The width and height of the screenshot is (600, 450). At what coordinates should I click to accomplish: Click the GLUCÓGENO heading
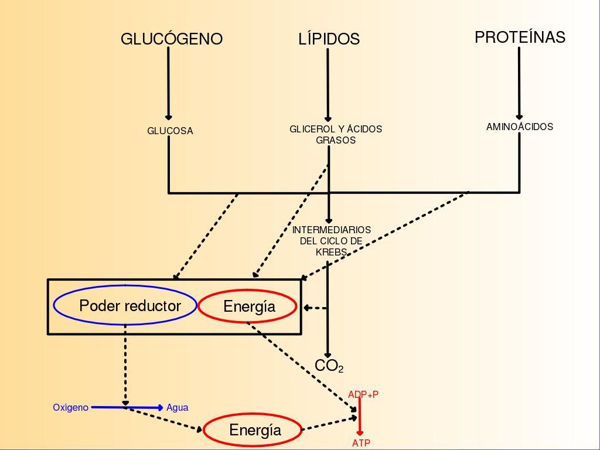point(172,39)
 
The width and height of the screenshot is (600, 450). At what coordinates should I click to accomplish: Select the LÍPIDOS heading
point(329,39)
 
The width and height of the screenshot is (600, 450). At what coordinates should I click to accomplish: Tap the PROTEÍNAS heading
point(520,37)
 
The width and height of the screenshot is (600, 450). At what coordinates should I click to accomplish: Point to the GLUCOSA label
point(170,131)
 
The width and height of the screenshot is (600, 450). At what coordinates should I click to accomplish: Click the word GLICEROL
point(311,129)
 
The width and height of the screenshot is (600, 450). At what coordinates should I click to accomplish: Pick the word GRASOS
point(336,141)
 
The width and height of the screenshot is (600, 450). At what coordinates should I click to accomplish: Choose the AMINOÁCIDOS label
point(520,127)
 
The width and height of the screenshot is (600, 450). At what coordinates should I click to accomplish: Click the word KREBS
point(331,252)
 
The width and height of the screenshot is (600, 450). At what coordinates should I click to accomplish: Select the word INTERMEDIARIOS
point(332,230)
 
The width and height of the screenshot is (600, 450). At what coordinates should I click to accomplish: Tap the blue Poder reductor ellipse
point(125,305)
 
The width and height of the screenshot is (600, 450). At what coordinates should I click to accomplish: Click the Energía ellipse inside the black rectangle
point(248,306)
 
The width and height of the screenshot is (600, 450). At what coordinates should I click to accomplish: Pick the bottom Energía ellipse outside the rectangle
point(254,430)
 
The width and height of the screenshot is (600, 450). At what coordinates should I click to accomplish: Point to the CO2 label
point(328,367)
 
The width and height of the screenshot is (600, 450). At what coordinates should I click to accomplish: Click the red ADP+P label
point(363,394)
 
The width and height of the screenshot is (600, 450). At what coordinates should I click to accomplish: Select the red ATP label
point(362,443)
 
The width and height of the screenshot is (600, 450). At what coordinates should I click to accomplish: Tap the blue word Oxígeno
point(70,407)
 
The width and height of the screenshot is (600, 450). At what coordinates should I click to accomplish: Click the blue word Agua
point(178,407)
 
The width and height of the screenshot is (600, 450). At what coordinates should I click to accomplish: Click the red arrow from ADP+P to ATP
point(360,420)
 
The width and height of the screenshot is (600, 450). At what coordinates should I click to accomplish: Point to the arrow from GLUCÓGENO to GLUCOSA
point(169,82)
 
